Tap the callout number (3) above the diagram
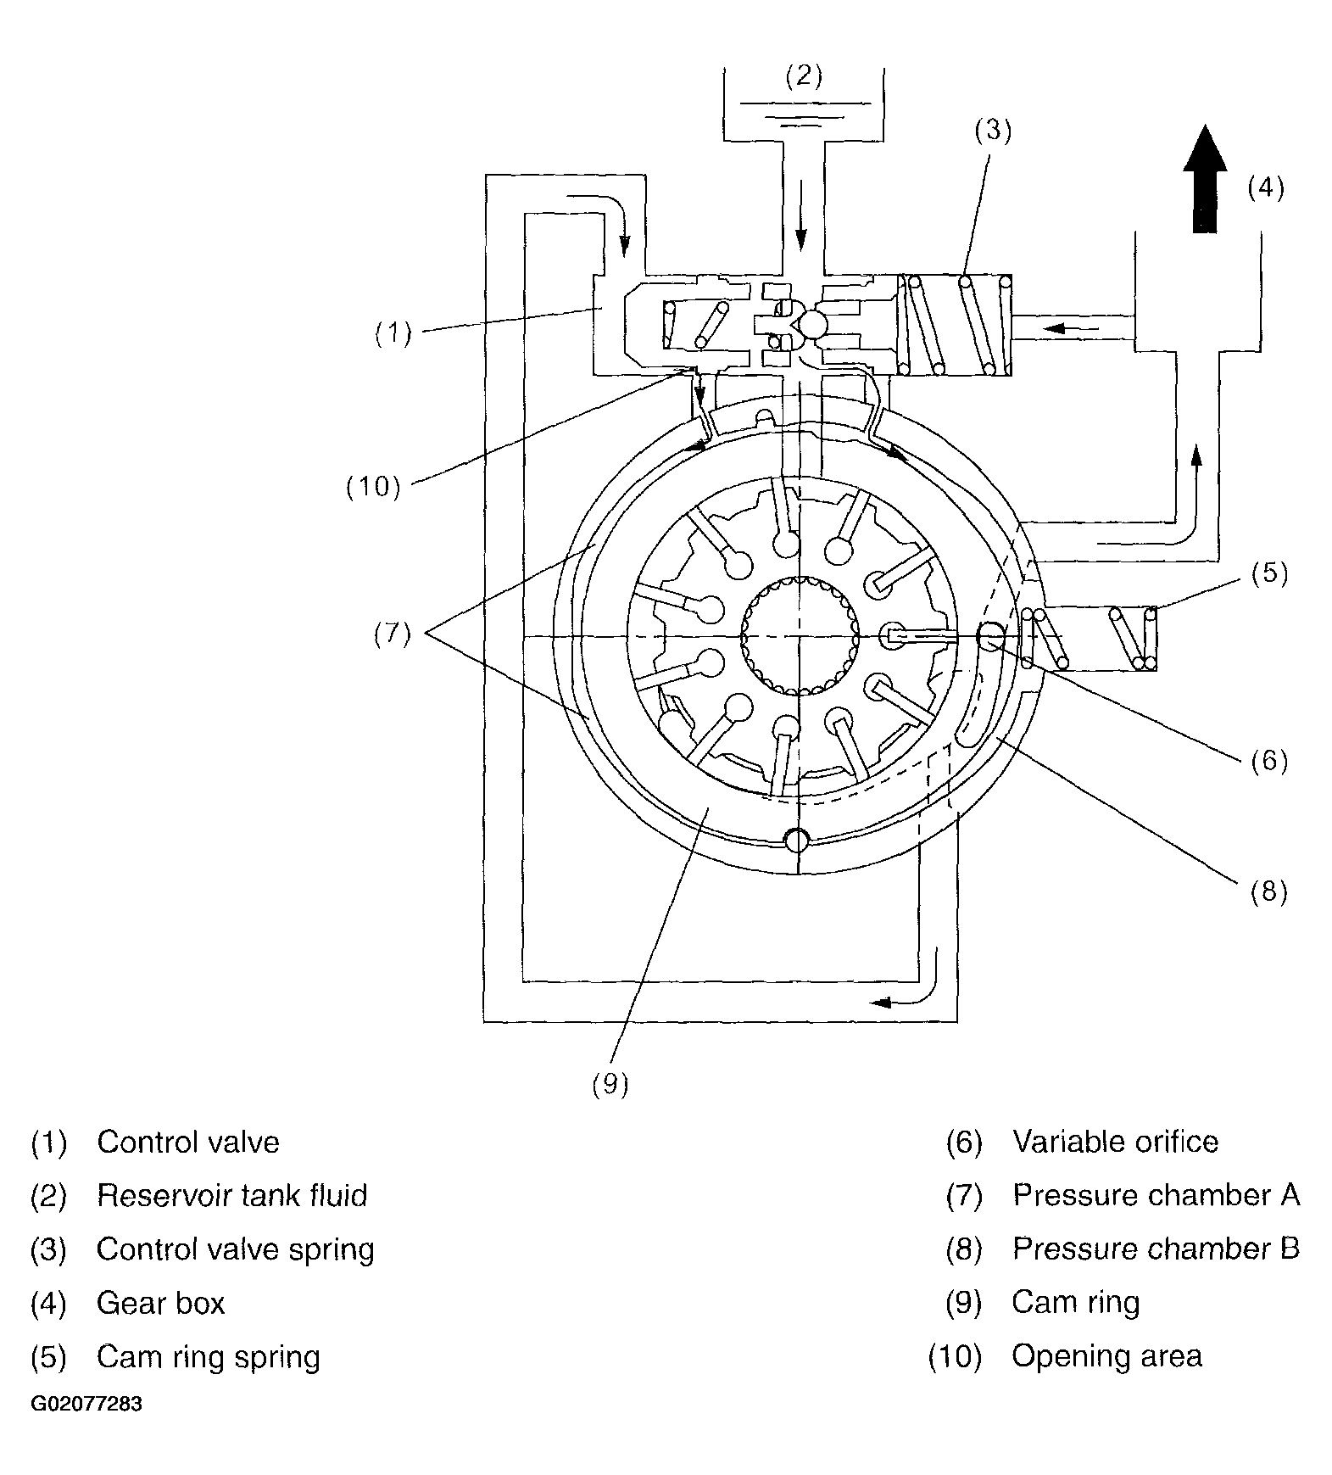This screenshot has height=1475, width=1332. point(992,131)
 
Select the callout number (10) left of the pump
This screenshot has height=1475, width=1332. point(373,487)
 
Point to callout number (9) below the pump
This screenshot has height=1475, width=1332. point(610,1084)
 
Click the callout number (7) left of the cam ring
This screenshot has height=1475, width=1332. point(393,634)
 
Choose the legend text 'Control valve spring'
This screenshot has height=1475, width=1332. point(235,1249)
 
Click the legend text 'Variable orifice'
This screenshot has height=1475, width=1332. point(1115,1142)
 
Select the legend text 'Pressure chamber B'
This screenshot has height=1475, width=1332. point(1156,1249)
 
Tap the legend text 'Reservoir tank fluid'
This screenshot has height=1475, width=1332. point(231,1195)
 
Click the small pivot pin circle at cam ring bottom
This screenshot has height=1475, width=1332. point(798,840)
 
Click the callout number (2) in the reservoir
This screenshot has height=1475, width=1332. point(804,76)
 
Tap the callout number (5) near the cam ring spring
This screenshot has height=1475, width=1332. point(1269,573)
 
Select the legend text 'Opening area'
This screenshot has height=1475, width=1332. point(1106,1356)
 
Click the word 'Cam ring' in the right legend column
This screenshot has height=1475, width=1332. point(1075,1303)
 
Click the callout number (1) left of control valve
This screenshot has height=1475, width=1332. point(393,334)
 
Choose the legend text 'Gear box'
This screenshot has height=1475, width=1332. point(160,1303)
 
